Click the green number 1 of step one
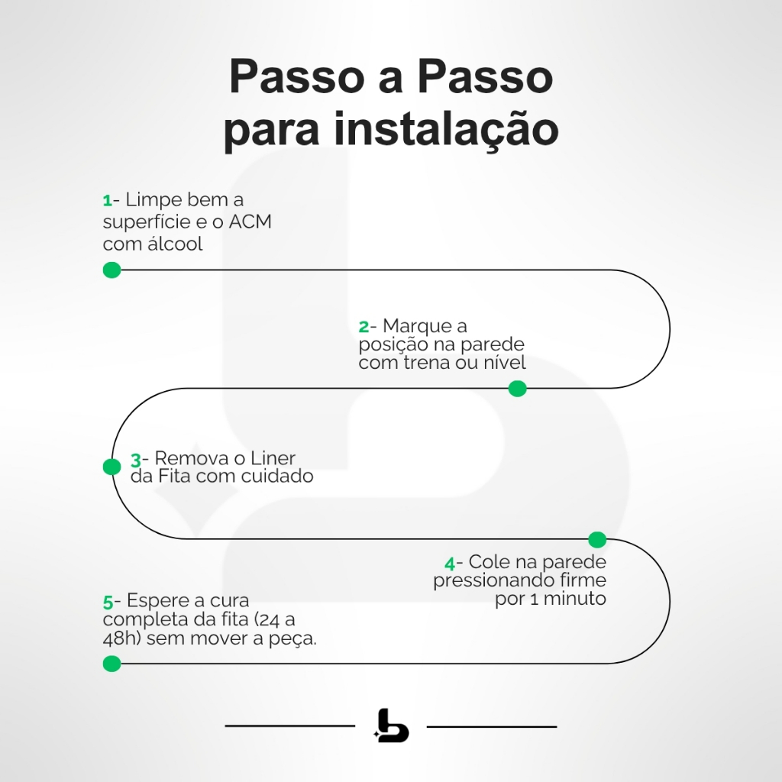tap(107, 201)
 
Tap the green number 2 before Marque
tap(364, 327)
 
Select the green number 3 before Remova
tap(135, 460)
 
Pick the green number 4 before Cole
tap(450, 564)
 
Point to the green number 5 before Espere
tap(108, 602)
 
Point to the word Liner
tap(273, 459)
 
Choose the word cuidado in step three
tap(276, 477)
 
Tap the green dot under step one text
tap(112, 270)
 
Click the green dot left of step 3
tap(112, 467)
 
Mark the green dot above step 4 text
tap(597, 540)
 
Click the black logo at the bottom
tap(392, 726)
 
